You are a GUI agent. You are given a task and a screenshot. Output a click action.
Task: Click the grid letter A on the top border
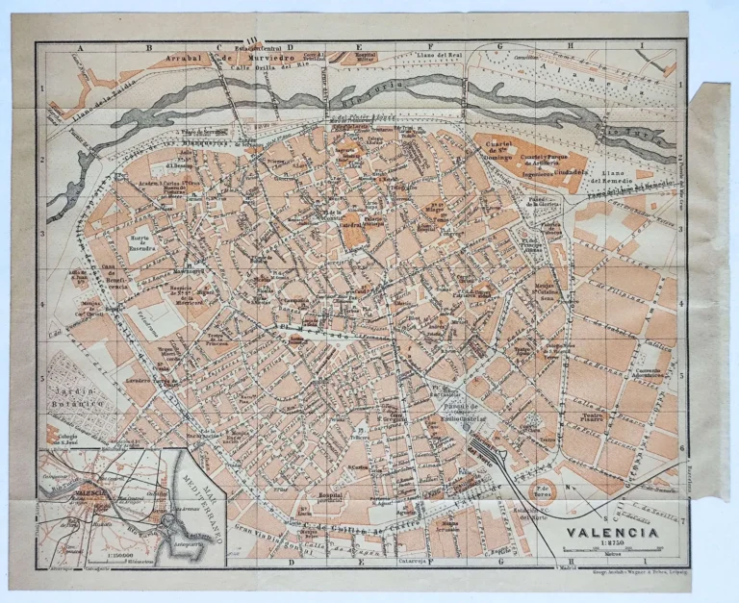81,46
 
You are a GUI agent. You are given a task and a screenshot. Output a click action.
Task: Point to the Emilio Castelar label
448,420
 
